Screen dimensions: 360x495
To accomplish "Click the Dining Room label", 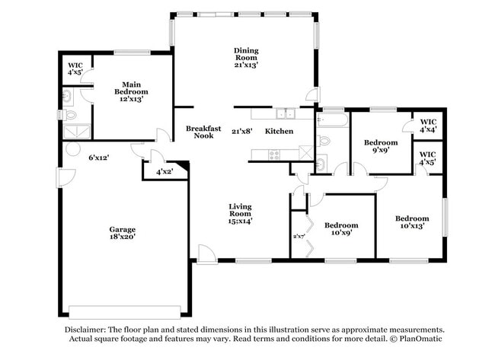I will click(246, 58).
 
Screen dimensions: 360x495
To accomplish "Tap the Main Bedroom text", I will click(130, 91).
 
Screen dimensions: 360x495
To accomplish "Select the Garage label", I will click(122, 234).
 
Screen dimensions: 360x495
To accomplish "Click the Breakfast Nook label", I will click(203, 132).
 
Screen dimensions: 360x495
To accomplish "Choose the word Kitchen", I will click(279, 132).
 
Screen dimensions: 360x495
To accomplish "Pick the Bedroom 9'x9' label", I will click(380, 147).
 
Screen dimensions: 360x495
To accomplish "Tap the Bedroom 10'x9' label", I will click(341, 229).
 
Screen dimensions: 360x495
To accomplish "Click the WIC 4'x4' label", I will click(428, 126).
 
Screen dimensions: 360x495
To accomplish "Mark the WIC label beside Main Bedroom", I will click(75, 69).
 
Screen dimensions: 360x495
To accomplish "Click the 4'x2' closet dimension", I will click(164, 172).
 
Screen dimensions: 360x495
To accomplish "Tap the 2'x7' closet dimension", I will click(299, 236).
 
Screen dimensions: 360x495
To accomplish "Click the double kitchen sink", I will click(286, 114).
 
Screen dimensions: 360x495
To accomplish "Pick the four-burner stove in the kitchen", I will click(272, 155).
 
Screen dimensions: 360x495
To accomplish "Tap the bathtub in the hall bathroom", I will click(332, 119).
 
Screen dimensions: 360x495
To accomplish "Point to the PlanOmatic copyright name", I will click(418, 338).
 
